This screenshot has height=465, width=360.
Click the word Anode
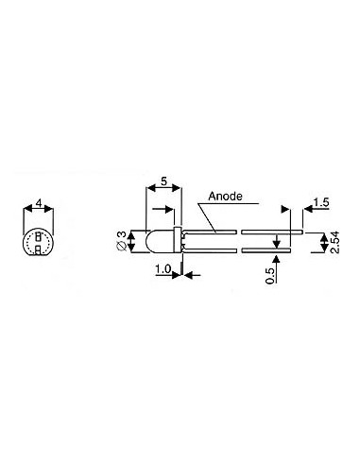227,198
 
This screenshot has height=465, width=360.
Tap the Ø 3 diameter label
121,241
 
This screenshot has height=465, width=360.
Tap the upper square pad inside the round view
38,237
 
